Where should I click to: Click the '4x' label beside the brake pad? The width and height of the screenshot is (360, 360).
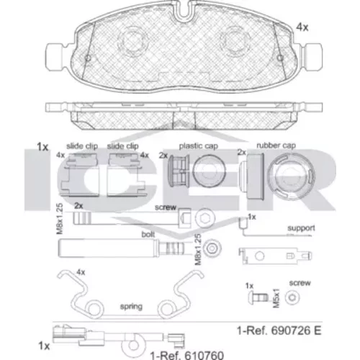tap(302, 27)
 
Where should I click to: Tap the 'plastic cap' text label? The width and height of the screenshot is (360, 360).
tap(199, 146)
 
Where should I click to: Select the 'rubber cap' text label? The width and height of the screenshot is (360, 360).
tap(276, 145)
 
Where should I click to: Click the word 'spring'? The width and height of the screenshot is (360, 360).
tap(131, 307)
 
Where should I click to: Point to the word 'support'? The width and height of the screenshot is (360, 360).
tap(301, 228)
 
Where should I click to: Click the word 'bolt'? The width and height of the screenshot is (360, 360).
tap(148, 234)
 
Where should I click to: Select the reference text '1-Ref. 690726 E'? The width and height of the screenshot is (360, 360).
tap(279, 330)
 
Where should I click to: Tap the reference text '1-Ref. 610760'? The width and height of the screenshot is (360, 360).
tap(187, 355)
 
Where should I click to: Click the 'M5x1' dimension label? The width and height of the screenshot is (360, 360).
tap(276, 298)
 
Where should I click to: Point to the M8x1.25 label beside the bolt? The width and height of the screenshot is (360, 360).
tap(198, 250)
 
